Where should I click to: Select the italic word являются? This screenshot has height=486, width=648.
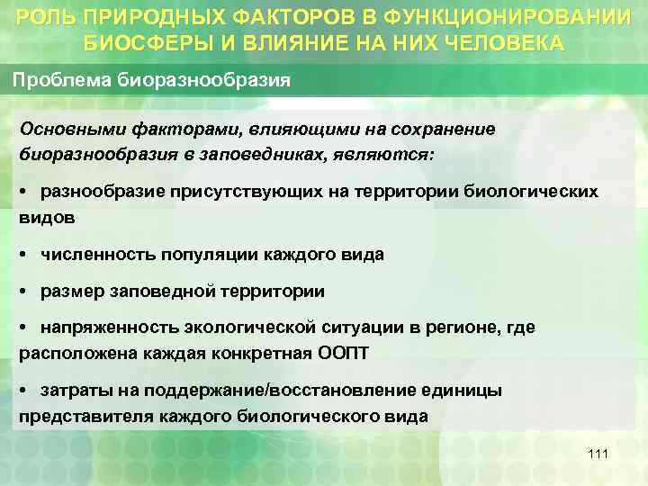[x=390, y=153]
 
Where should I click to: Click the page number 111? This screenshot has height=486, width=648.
[x=598, y=454]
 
